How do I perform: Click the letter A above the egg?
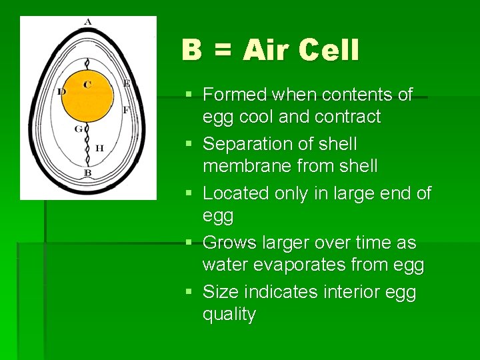pyautogui.click(x=87, y=22)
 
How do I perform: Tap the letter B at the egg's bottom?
pyautogui.click(x=87, y=173)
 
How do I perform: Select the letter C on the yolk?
pyautogui.click(x=87, y=85)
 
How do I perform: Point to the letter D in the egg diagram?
pyautogui.click(x=61, y=92)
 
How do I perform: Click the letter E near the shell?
pyautogui.click(x=126, y=84)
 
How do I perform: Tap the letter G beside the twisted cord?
pyautogui.click(x=78, y=129)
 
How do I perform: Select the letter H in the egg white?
pyautogui.click(x=99, y=148)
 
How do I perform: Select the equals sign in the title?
pyautogui.click(x=223, y=51)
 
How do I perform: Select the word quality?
pyautogui.click(x=229, y=314)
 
